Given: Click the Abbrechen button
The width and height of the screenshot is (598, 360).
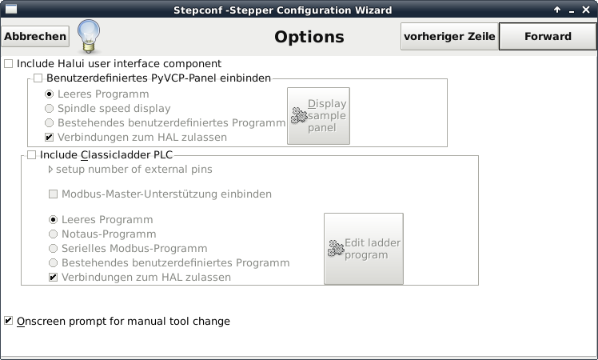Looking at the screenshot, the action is pyautogui.click(x=35, y=36).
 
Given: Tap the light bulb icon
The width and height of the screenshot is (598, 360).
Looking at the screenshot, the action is pyautogui.click(x=89, y=36).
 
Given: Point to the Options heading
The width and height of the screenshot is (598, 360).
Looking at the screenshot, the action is pyautogui.click(x=309, y=37).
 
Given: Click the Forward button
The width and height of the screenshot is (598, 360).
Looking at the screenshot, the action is pyautogui.click(x=548, y=36).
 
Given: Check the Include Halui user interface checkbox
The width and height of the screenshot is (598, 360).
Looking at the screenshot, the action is pyautogui.click(x=8, y=64).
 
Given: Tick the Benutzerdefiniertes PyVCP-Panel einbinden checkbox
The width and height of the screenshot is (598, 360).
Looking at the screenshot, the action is pyautogui.click(x=38, y=78).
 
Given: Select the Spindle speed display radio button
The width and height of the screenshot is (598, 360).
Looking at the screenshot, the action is pyautogui.click(x=49, y=109).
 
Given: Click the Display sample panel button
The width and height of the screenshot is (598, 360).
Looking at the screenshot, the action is pyautogui.click(x=318, y=116).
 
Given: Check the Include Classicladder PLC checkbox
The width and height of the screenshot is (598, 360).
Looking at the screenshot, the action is pyautogui.click(x=31, y=155).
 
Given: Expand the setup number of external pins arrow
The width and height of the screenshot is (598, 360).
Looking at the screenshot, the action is pyautogui.click(x=50, y=170).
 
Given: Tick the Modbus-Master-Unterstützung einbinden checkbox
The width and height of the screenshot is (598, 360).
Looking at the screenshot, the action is pyautogui.click(x=53, y=194).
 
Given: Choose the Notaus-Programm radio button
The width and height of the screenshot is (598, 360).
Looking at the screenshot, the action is pyautogui.click(x=53, y=234).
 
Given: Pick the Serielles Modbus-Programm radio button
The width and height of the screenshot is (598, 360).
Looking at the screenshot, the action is pyautogui.click(x=53, y=249).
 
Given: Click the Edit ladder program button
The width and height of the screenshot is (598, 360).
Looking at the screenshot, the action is pyautogui.click(x=364, y=249).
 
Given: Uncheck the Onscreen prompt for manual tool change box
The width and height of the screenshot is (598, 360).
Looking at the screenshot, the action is pyautogui.click(x=8, y=321).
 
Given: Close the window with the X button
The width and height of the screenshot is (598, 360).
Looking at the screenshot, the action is pyautogui.click(x=586, y=10).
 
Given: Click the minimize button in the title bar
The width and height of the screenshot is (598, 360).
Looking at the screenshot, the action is pyautogui.click(x=572, y=11).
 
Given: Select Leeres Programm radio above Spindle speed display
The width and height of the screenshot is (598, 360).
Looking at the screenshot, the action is pyautogui.click(x=49, y=94).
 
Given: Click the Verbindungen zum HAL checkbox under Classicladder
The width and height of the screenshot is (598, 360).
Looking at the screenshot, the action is pyautogui.click(x=53, y=277).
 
